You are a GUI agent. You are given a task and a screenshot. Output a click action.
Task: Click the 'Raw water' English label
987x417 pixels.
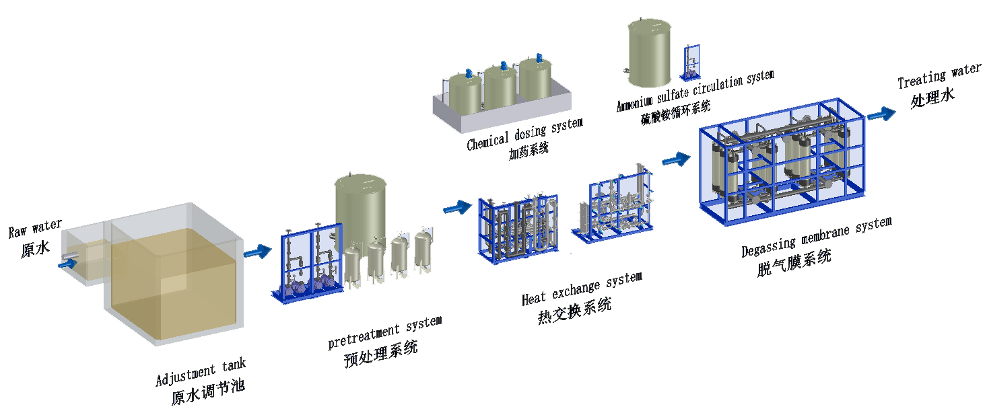click(35, 229)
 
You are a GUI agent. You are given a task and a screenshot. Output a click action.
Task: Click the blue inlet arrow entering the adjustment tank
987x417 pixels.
click(67, 265)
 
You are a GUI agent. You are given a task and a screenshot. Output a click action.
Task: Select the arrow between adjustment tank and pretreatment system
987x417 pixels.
click(257, 252)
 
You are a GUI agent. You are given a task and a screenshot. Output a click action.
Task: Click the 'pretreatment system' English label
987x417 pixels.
click(384, 332)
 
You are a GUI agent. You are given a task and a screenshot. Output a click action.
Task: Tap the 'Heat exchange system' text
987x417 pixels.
click(582, 287)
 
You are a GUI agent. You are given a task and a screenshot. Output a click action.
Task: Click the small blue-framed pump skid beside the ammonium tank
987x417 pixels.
click(691, 62)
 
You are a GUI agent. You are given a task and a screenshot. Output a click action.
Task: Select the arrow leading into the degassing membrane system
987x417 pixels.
click(676, 160)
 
